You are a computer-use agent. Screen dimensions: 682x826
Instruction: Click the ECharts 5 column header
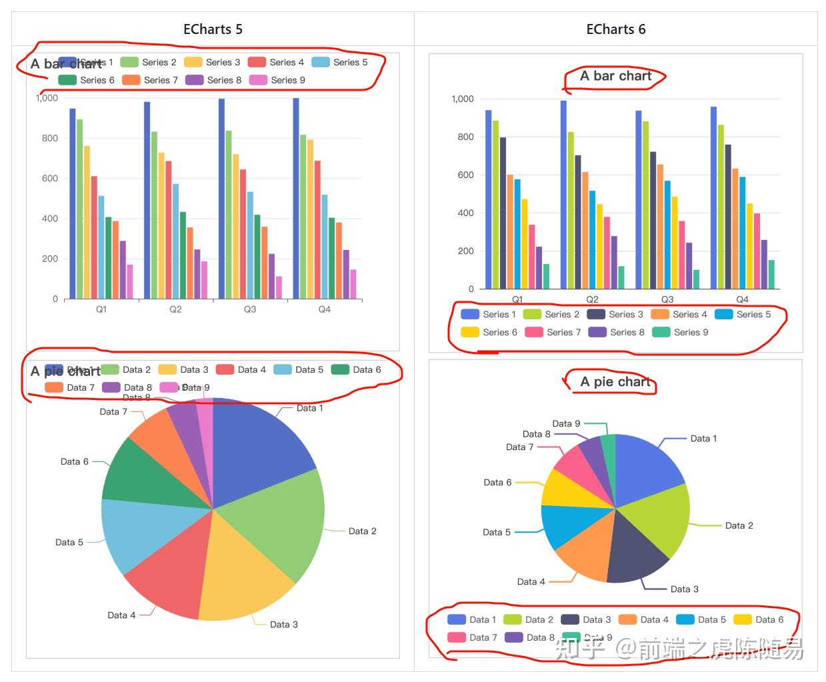213,29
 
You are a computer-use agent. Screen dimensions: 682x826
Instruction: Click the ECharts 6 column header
615,29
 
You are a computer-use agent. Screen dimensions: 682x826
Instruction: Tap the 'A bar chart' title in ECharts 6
615,76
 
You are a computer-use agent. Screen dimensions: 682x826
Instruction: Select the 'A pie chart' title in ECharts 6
615,382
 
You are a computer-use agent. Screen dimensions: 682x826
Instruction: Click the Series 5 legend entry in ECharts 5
340,62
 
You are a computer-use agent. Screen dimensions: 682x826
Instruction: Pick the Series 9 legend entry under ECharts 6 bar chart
680,332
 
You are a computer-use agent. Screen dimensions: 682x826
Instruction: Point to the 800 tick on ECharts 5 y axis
50,138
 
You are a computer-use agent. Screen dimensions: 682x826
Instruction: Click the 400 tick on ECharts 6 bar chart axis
465,213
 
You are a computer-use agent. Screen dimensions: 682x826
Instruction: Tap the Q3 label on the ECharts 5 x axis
250,309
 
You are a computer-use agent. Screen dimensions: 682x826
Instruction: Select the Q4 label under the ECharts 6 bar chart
742,299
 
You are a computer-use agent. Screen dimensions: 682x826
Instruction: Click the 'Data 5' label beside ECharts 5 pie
69,542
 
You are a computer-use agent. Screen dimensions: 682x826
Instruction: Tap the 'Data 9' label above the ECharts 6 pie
566,423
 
